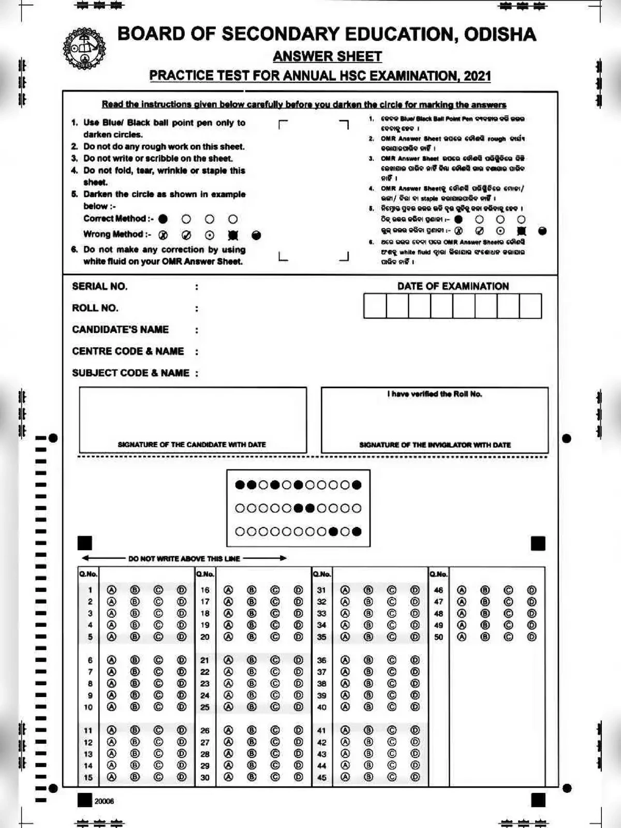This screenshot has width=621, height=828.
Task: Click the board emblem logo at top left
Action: coord(84,49)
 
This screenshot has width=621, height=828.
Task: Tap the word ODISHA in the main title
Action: coord(500,34)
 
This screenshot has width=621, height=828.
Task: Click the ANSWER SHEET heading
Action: coord(327,56)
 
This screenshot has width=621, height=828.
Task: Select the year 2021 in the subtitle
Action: coord(477,76)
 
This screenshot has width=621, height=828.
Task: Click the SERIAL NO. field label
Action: coord(99,286)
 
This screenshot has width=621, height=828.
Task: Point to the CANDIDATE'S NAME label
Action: coord(120,330)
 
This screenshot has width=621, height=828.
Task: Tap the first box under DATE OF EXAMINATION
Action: coord(375,306)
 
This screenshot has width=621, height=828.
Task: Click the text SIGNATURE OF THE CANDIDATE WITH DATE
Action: coord(191,445)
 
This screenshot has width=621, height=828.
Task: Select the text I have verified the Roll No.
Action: coord(435,394)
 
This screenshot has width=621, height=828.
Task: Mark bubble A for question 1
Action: coord(111,590)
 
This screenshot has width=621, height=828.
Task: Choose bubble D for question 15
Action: coord(182,777)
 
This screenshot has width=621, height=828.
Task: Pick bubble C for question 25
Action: coord(275,707)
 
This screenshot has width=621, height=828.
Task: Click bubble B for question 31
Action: coord(368,590)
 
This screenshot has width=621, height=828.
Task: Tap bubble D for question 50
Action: coord(531,637)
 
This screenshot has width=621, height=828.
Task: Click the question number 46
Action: coord(438,590)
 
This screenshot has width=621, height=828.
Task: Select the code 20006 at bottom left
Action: coord(104,801)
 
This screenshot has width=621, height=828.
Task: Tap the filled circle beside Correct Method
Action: coord(163,219)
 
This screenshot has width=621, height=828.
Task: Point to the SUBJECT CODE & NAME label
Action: coord(130,373)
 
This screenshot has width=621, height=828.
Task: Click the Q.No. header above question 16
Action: coord(205,574)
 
